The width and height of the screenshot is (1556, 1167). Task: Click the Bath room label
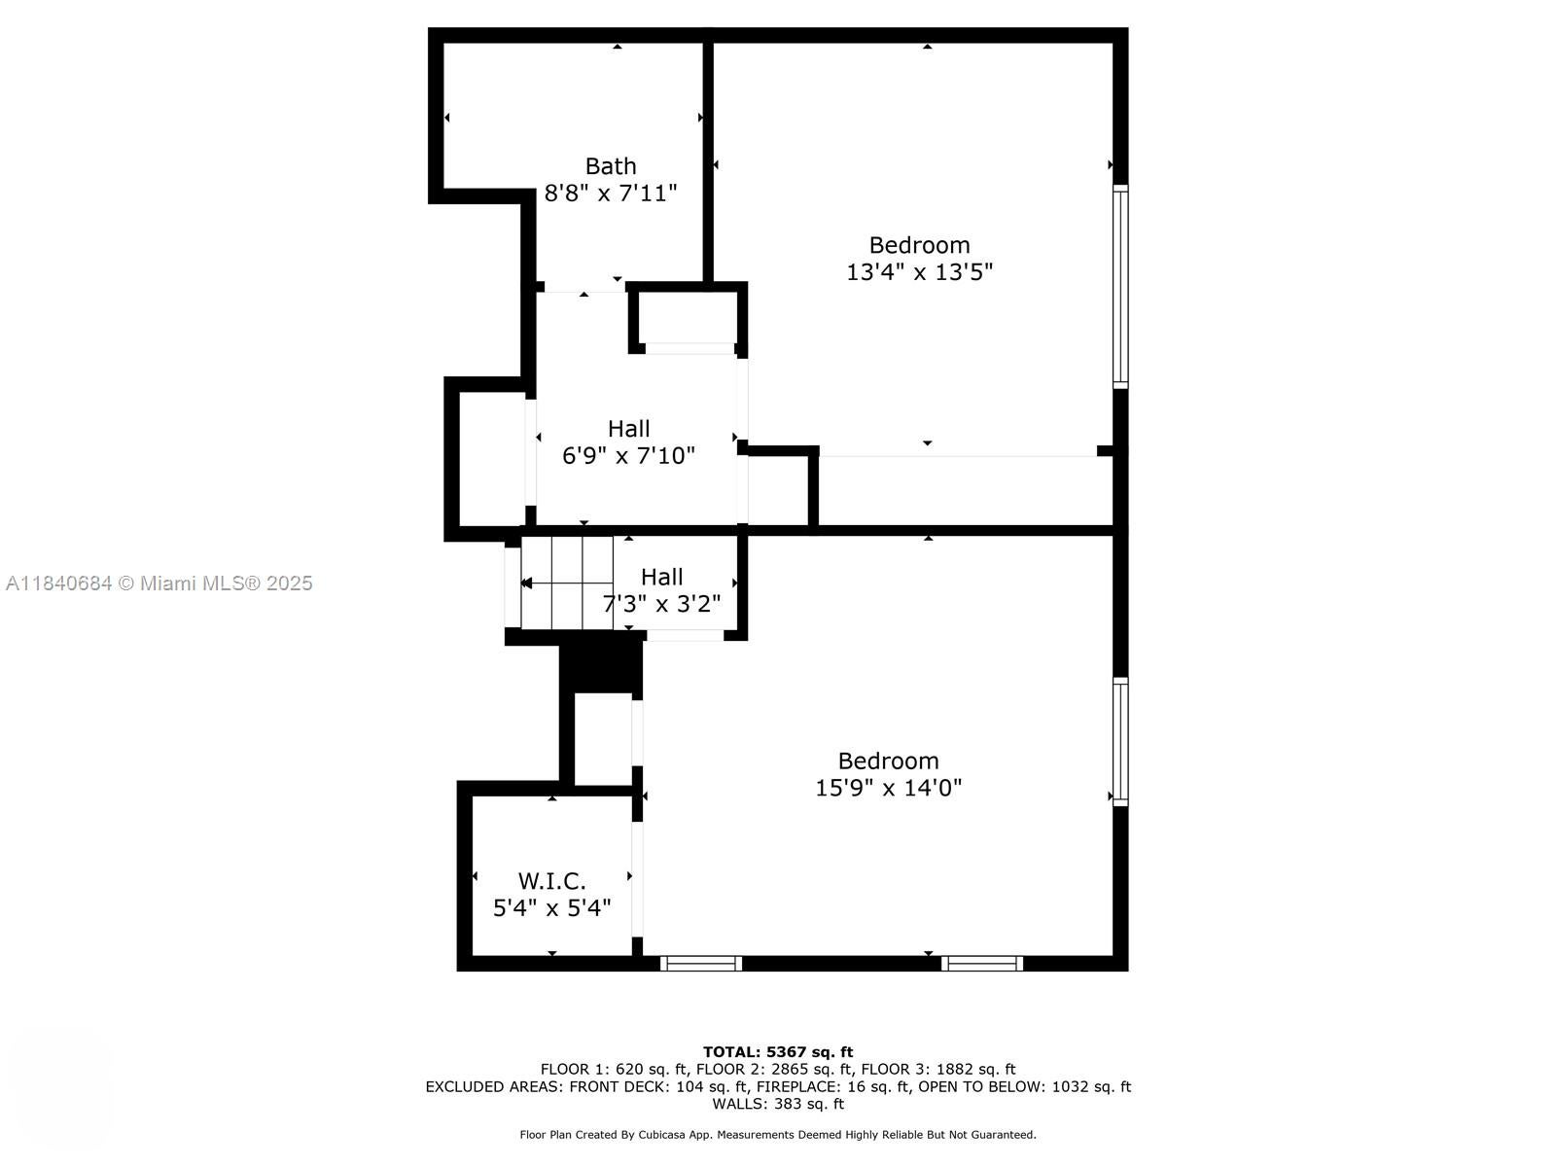[611, 166]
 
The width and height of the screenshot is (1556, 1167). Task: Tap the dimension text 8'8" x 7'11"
[611, 194]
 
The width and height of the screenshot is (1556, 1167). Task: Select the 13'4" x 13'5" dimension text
[919, 272]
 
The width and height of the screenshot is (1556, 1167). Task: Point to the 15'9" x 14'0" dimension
[888, 788]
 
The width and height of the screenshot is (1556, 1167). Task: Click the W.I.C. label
[551, 881]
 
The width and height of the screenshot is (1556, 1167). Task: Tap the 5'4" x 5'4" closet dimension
[551, 908]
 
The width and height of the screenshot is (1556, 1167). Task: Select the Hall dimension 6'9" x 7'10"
[628, 455]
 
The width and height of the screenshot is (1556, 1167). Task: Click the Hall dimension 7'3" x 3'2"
[662, 604]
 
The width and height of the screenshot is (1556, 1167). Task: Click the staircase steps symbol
[566, 583]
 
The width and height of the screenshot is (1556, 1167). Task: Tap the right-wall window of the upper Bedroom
[1120, 287]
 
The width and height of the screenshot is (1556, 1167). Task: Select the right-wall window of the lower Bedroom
[1120, 741]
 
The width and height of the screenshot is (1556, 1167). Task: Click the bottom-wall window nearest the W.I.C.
[701, 963]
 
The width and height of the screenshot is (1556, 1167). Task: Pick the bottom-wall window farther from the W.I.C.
[982, 963]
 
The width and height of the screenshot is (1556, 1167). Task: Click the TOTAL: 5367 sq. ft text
[778, 1051]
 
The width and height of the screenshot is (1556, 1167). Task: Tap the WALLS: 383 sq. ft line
[778, 1104]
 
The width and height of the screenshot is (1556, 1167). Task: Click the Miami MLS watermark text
[159, 583]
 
